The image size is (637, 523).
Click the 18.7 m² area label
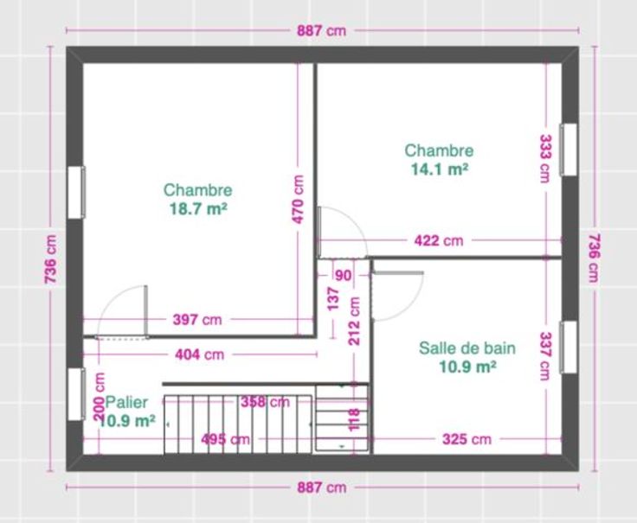click(198, 209)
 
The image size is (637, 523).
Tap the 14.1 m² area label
click(440, 169)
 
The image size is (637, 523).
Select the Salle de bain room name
click(467, 348)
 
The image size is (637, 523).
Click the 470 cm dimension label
click(298, 199)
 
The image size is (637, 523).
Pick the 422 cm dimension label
click(439, 240)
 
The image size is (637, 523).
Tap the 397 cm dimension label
click(197, 320)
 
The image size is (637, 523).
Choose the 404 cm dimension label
click(199, 354)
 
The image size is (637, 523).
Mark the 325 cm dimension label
click(466, 439)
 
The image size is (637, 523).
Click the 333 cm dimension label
click(545, 159)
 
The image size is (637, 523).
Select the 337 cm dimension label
click(545, 356)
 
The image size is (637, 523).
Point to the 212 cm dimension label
click(354, 321)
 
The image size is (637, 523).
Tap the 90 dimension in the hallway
click(344, 276)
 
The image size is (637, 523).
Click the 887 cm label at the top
click(321, 30)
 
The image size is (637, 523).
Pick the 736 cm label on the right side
click(594, 258)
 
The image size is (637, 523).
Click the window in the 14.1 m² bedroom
click(569, 150)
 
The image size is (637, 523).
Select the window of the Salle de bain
click(569, 348)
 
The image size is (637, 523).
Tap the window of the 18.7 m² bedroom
click(76, 192)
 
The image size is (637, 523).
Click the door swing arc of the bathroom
click(410, 305)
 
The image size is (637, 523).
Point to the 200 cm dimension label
click(99, 396)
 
